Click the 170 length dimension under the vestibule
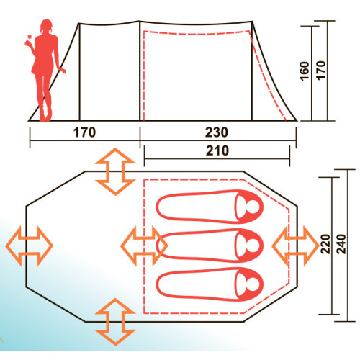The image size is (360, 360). pos(84,132)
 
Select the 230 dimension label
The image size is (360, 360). pos(217,132)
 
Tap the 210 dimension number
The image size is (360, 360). pos(217,150)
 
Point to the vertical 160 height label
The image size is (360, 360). pos(305,71)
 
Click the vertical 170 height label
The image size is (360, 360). pos(320,70)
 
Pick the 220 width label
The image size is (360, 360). pos(325,244)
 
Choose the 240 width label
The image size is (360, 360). pos(341,244)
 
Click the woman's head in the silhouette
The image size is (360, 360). pos(46,27)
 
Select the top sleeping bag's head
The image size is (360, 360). pos(248,207)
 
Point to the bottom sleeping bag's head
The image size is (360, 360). pos(248,284)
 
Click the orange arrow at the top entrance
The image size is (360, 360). pos(115,172)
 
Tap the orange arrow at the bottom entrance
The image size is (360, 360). pos(115,322)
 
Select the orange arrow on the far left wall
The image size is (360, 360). pos(29,246)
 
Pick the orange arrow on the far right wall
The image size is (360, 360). pos(296,246)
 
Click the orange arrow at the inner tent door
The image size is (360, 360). pos(144,246)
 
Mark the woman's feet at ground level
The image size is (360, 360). pos(45,117)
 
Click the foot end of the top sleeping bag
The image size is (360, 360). pos(161,207)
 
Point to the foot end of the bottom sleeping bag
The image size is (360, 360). pos(161,284)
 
